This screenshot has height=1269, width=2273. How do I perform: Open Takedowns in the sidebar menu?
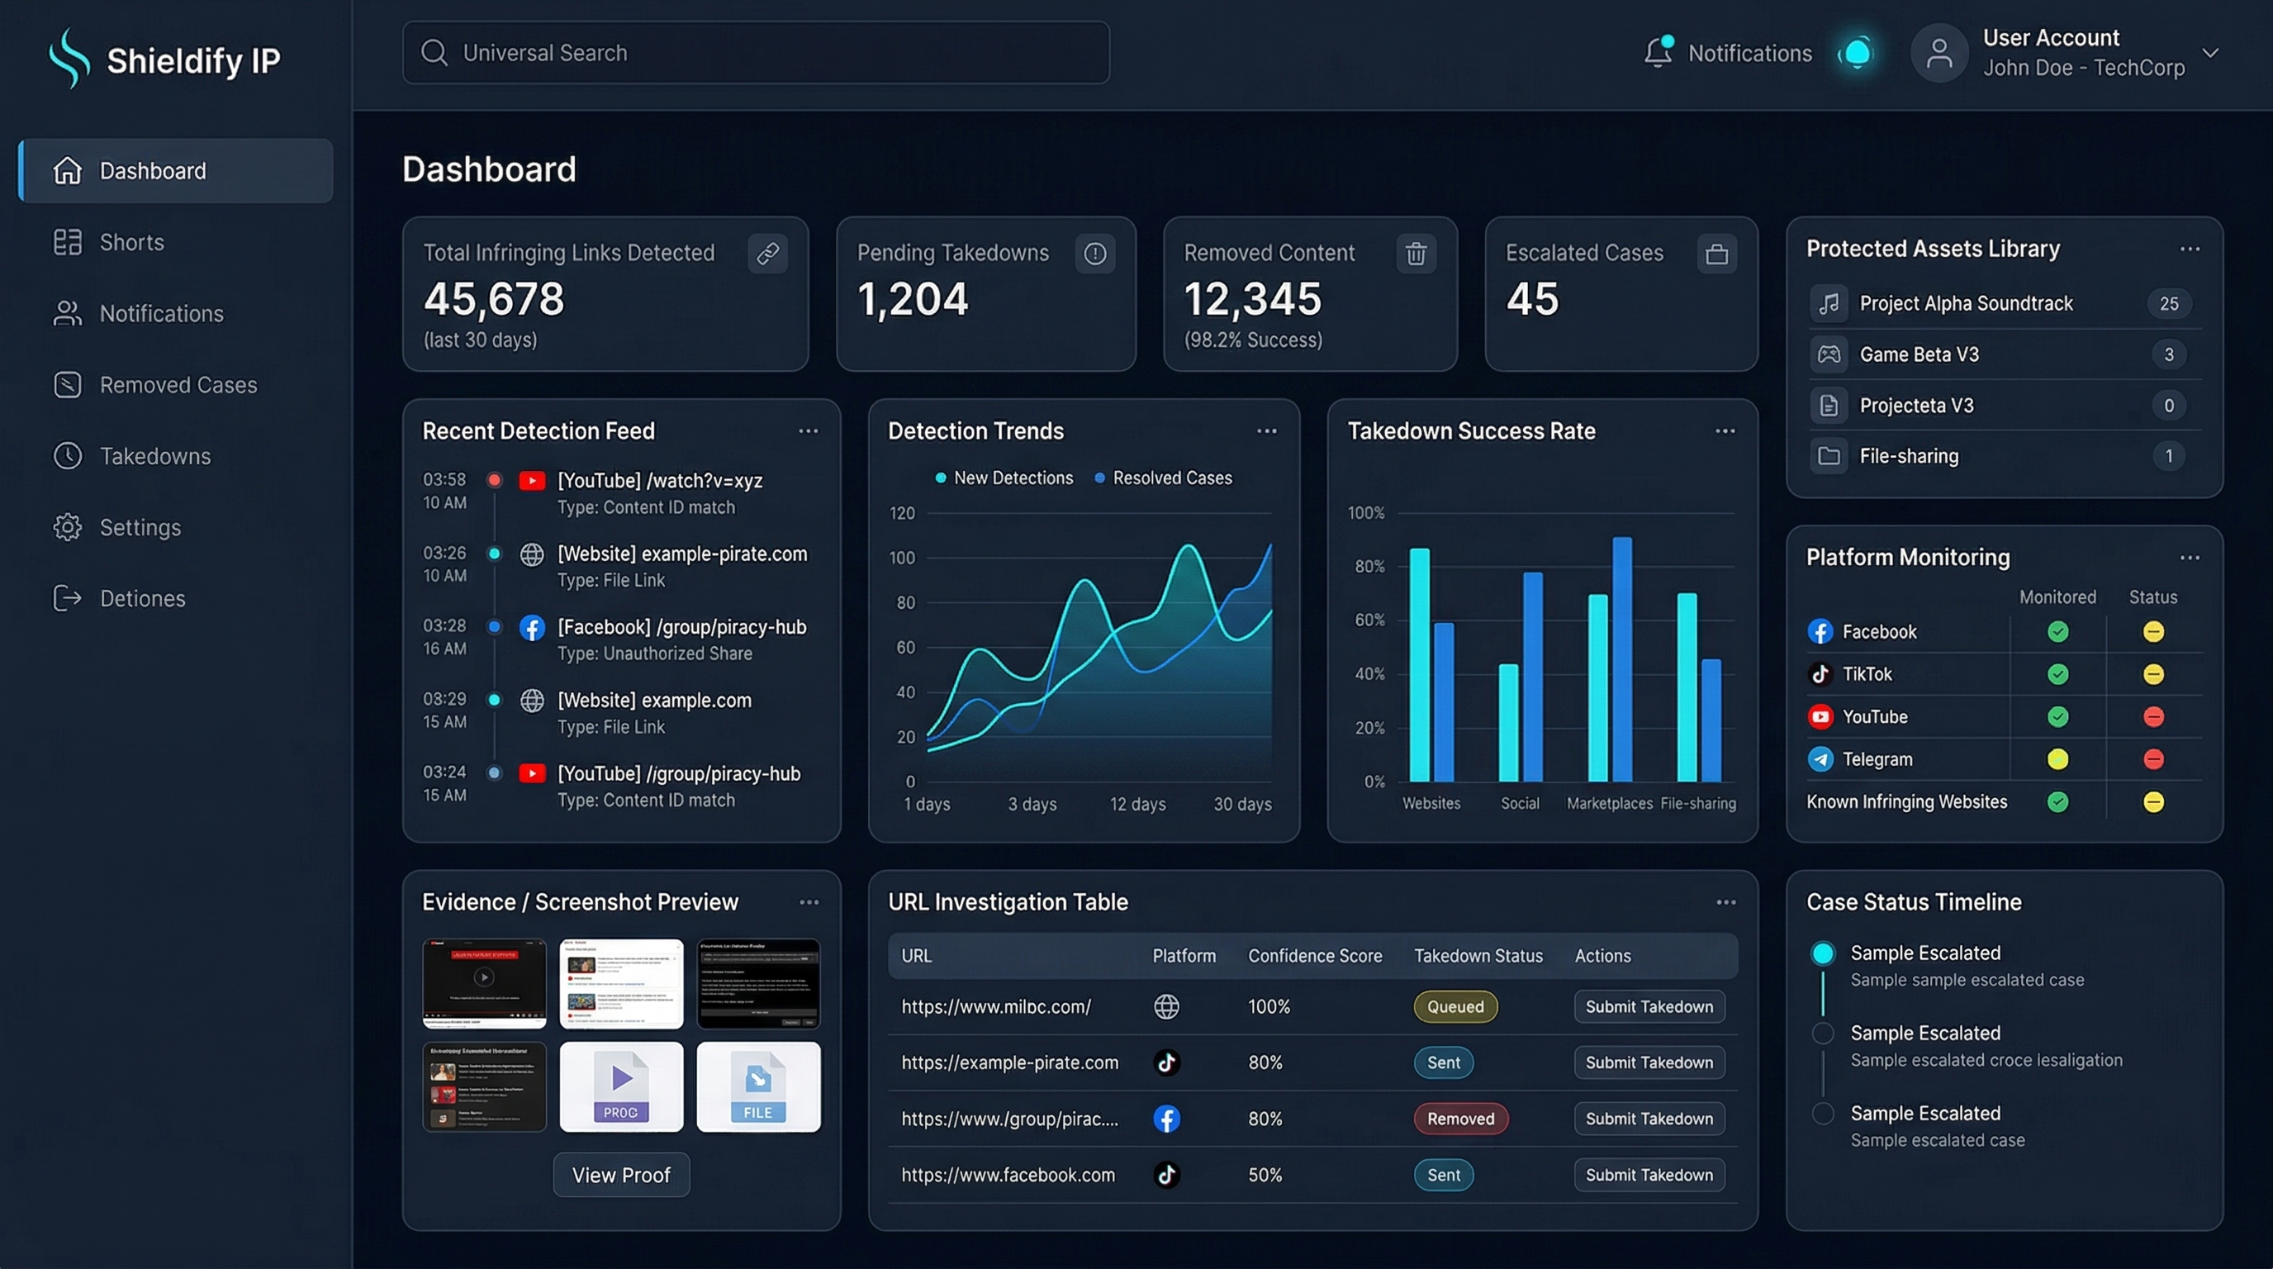pyautogui.click(x=154, y=456)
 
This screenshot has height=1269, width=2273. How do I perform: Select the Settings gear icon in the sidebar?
pyautogui.click(x=67, y=527)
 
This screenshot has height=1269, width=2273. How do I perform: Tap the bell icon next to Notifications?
pyautogui.click(x=1658, y=52)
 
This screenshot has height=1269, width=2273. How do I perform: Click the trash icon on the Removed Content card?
pyautogui.click(x=1416, y=254)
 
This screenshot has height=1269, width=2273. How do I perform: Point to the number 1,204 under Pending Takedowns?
pyautogui.click(x=913, y=299)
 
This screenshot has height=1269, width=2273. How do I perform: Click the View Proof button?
pyautogui.click(x=621, y=1175)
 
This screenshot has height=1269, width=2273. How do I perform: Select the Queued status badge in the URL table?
pyautogui.click(x=1455, y=1007)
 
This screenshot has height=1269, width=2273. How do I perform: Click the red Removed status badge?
pyautogui.click(x=1460, y=1119)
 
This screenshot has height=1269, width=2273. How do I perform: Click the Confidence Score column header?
pyautogui.click(x=1315, y=956)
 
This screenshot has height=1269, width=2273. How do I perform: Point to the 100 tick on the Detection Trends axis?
pyautogui.click(x=902, y=558)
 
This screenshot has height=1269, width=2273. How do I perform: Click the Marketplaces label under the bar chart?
pyautogui.click(x=1609, y=804)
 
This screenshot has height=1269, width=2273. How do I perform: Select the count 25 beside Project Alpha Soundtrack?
pyautogui.click(x=2168, y=303)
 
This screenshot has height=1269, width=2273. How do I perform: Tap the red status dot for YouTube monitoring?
pyautogui.click(x=2153, y=716)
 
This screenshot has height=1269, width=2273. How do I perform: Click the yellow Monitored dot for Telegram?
pyautogui.click(x=2057, y=759)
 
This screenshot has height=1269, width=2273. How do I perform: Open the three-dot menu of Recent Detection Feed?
pyautogui.click(x=809, y=431)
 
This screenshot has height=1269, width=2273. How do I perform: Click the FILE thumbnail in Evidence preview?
pyautogui.click(x=758, y=1087)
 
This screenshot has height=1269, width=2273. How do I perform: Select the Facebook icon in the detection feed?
pyautogui.click(x=531, y=627)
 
